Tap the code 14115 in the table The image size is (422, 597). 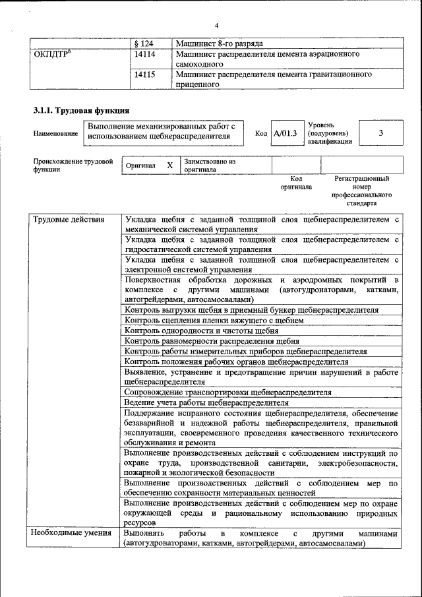[x=144, y=75]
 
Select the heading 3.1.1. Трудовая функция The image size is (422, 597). [x=81, y=110]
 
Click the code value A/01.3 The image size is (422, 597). [x=285, y=133]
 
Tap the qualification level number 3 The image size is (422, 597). [x=380, y=133]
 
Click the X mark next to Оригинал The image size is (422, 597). [x=169, y=166]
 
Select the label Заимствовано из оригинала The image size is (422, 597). [x=210, y=165]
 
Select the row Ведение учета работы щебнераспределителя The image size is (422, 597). [x=206, y=402]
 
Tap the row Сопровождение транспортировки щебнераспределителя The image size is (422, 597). [x=227, y=392]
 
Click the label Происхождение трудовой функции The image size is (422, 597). [x=73, y=165]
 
